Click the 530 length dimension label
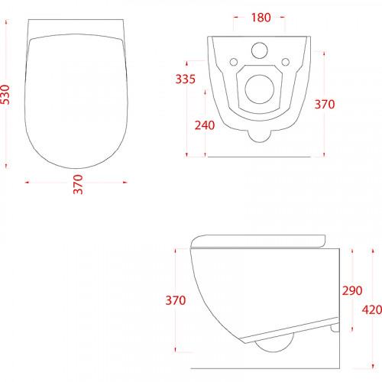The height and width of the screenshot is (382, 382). pyautogui.click(x=5, y=95)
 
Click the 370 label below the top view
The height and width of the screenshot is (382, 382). pyautogui.click(x=78, y=184)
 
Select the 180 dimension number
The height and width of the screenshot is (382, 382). pyautogui.click(x=261, y=18)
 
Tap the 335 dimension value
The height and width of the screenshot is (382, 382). pyautogui.click(x=186, y=79)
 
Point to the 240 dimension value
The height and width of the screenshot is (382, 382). pyautogui.click(x=205, y=125)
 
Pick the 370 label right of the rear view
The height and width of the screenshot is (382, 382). pyautogui.click(x=325, y=105)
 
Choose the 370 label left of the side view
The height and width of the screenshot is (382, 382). pyautogui.click(x=176, y=300)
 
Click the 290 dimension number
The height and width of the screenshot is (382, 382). pyautogui.click(x=352, y=290)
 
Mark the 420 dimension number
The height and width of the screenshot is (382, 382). pyautogui.click(x=372, y=310)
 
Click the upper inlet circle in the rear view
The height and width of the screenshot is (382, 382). pyautogui.click(x=260, y=50)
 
